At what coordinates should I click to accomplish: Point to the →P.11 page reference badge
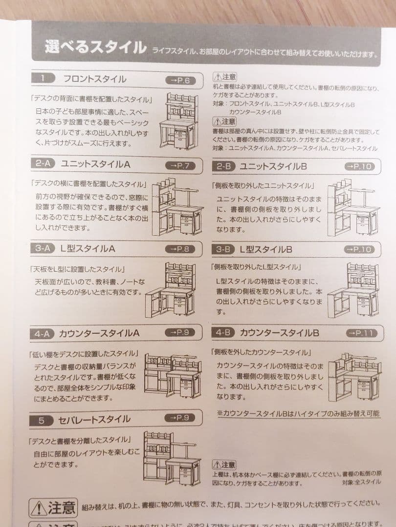point(362,333)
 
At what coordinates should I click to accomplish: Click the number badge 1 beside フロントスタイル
point(43,79)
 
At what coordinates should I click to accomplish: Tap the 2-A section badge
point(43,164)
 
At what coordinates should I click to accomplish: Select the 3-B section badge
point(223,249)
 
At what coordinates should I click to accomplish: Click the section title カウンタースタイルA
point(99,334)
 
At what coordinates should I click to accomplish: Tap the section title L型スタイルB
point(266,249)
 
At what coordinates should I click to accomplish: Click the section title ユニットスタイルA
point(95,164)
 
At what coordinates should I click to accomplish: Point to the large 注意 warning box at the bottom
point(53,507)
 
